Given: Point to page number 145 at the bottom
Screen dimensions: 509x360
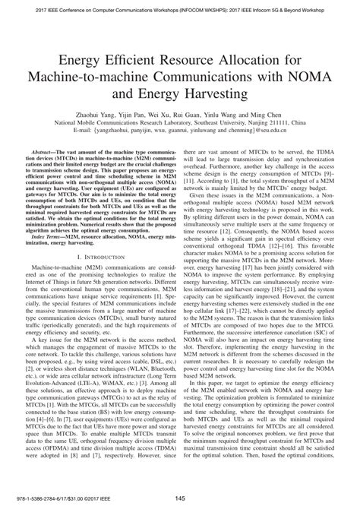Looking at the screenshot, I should [x=180, y=498].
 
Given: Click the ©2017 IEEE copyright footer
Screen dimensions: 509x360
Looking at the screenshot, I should [x=75, y=498].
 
